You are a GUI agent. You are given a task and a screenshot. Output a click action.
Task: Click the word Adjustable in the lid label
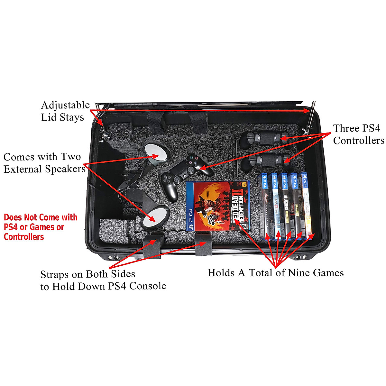click(65, 106)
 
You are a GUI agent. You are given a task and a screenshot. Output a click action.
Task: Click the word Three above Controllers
click(347, 128)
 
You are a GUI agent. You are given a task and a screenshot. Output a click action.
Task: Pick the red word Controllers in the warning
click(24, 237)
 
